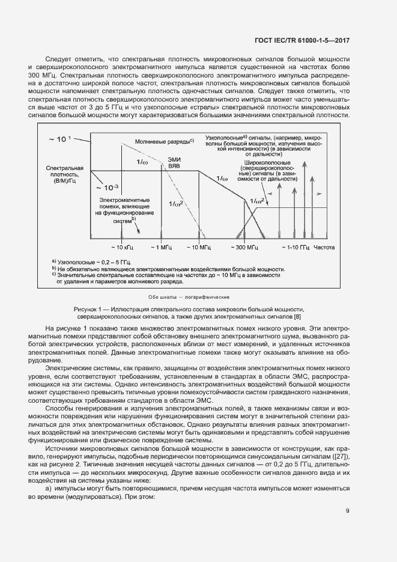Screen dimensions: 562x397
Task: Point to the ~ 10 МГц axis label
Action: (198, 247)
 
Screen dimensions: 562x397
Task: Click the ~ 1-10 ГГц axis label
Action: (297, 247)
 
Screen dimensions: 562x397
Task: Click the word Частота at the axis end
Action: (325, 247)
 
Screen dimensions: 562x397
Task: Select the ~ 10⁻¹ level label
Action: (59, 139)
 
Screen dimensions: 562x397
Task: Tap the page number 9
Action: (348, 511)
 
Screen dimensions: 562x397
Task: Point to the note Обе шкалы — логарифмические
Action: (189, 297)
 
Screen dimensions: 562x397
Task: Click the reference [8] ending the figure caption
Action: (297, 316)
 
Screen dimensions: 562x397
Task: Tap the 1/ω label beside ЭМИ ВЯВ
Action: (143, 162)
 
